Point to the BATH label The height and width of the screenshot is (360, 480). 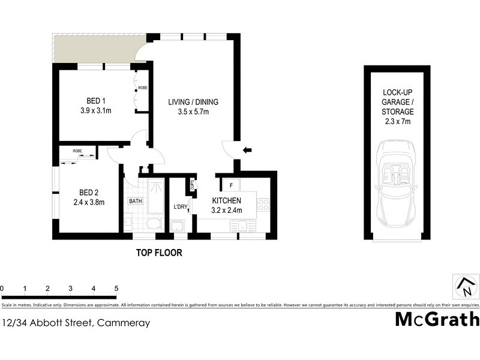(x=136, y=202)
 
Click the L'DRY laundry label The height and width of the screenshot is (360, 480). (x=180, y=208)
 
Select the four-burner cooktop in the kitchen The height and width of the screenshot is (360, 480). (x=263, y=205)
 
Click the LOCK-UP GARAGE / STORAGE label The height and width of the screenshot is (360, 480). (x=398, y=107)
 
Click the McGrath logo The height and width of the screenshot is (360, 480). (x=437, y=319)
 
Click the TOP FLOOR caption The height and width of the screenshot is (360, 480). (x=158, y=253)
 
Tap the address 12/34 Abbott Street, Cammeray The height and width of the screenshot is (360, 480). (x=75, y=323)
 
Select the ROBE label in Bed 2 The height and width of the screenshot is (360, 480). (x=77, y=151)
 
